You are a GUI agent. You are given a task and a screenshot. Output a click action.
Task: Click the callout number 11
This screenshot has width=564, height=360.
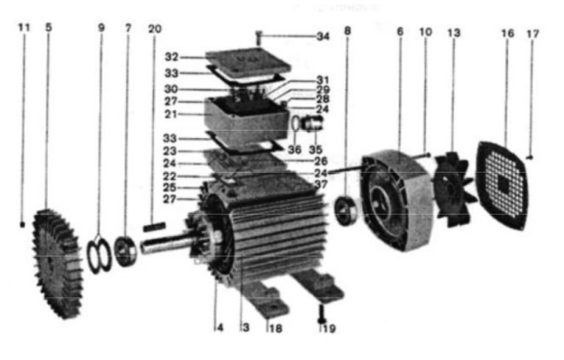click(x=24, y=27)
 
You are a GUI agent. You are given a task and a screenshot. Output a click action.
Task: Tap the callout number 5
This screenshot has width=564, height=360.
click(x=48, y=27)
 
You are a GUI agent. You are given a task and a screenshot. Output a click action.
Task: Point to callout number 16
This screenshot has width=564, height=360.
click(x=507, y=34)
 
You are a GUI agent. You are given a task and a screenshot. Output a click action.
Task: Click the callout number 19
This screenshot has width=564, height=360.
click(x=330, y=328)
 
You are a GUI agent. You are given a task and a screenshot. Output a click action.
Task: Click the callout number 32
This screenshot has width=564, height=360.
click(x=172, y=56)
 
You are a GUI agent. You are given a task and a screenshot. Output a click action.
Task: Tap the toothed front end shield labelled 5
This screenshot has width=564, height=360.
click(x=55, y=261)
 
